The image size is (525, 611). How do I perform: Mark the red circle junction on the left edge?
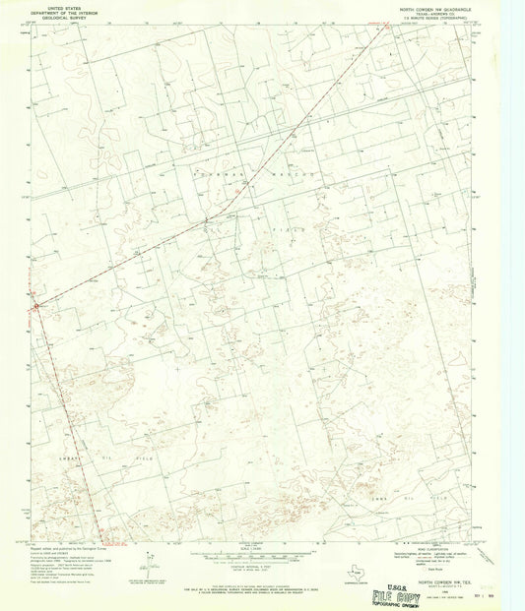click(x=36, y=306)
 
